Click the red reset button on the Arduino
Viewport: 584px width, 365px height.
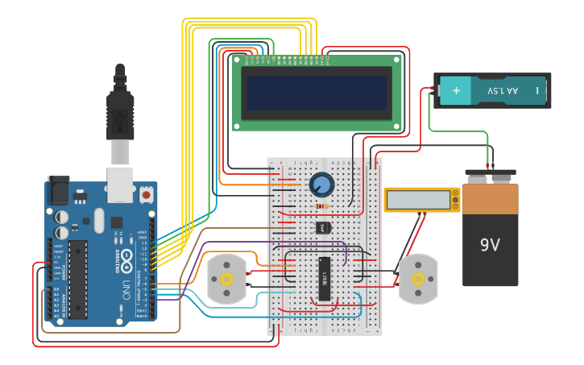pos(147,194)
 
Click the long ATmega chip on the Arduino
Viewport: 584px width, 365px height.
pos(78,278)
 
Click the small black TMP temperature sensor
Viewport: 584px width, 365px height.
pos(322,228)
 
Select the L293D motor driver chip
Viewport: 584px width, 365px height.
pos(325,278)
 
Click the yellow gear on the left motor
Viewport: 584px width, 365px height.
pos(226,279)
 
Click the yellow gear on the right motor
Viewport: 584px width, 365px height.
pos(417,279)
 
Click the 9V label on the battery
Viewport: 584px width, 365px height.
pos(491,244)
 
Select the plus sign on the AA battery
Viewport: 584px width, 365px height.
pos(456,90)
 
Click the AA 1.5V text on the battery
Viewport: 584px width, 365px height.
pos(503,90)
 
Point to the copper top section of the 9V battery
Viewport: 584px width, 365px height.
pos(491,197)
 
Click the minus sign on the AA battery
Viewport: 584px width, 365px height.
pos(536,90)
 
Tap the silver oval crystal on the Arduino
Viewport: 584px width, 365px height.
pos(98,219)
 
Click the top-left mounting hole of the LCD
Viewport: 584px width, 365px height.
pos(238,59)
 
